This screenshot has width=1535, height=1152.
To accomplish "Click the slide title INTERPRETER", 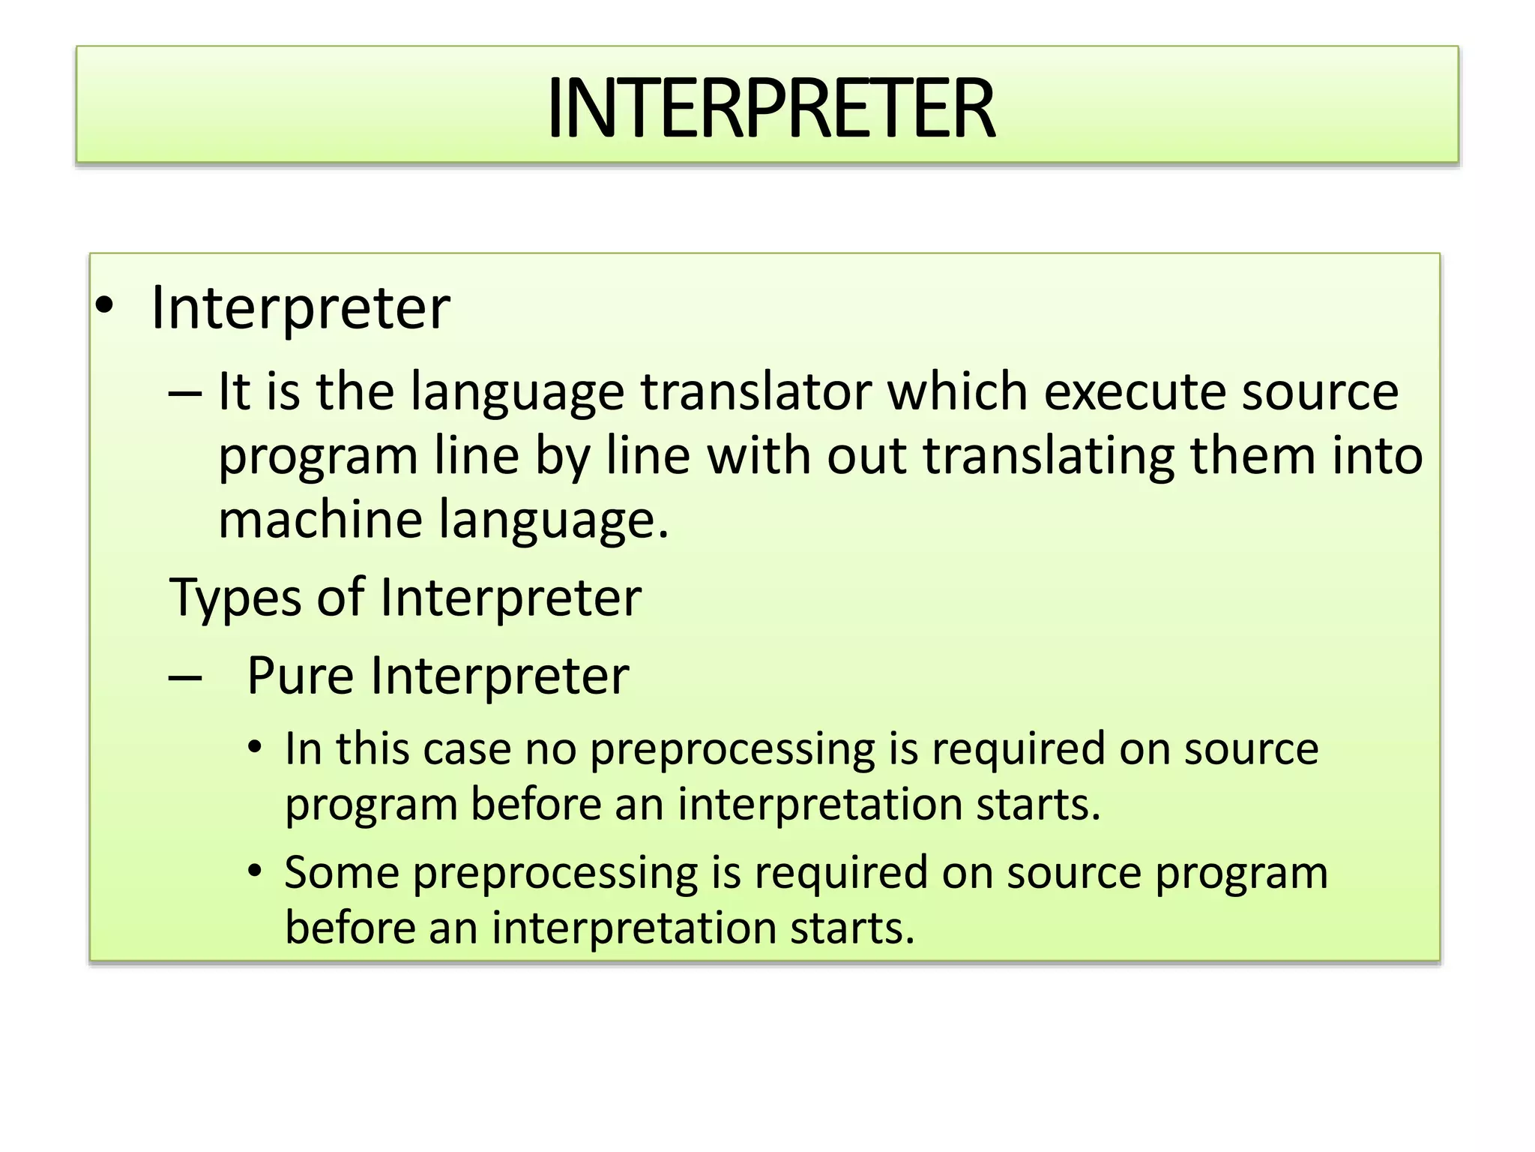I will click(x=770, y=109).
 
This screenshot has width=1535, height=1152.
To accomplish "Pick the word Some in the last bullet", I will click(x=342, y=872).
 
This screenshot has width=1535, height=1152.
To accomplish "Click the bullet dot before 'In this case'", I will click(x=256, y=748).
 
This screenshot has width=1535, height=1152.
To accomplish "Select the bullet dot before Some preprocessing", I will click(x=256, y=871).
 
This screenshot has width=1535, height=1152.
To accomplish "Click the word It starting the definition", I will click(x=233, y=391).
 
